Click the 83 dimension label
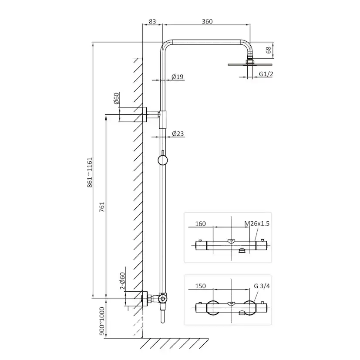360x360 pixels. point(152,21)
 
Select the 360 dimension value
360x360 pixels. point(207,21)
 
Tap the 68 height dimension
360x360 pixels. point(268,50)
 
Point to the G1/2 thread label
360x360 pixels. point(266,74)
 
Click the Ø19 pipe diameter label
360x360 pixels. point(178,77)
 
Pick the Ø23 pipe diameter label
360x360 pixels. point(178,133)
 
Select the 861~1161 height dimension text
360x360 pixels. point(90,172)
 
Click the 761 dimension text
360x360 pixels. point(102,207)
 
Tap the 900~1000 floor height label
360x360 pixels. point(102,321)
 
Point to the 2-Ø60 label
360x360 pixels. point(122,280)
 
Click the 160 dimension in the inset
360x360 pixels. point(201,223)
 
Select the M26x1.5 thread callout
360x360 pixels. point(257,223)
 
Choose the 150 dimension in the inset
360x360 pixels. point(201,286)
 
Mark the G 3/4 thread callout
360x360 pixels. point(262,286)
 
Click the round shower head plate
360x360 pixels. point(250,64)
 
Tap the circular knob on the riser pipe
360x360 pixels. point(163,160)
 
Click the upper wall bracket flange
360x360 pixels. point(145,114)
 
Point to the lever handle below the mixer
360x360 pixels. point(163,316)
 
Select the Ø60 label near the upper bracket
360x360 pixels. point(117,98)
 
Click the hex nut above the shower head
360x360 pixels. point(250,62)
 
